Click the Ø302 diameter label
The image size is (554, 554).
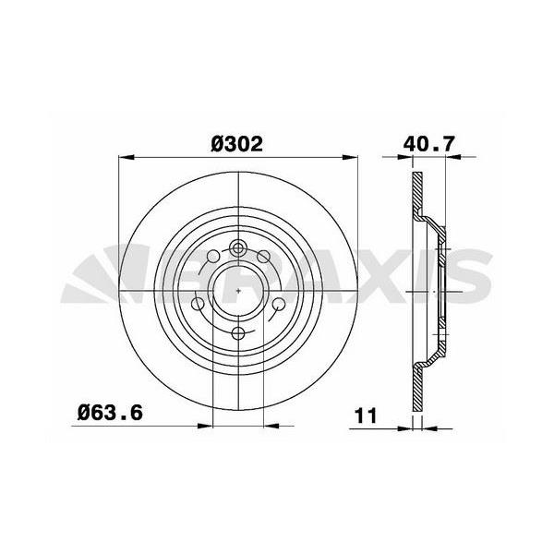point(237,144)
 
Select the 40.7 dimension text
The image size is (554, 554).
point(429,144)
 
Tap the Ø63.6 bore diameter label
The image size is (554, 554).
point(108,414)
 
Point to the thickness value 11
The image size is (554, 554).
point(367,415)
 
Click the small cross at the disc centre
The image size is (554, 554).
point(238,291)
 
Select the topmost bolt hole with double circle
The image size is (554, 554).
point(238,247)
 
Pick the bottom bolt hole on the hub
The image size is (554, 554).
point(238,333)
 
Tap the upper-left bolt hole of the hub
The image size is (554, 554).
point(213,257)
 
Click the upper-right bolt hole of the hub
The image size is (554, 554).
point(263,257)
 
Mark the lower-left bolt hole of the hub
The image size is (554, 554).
point(199,304)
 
